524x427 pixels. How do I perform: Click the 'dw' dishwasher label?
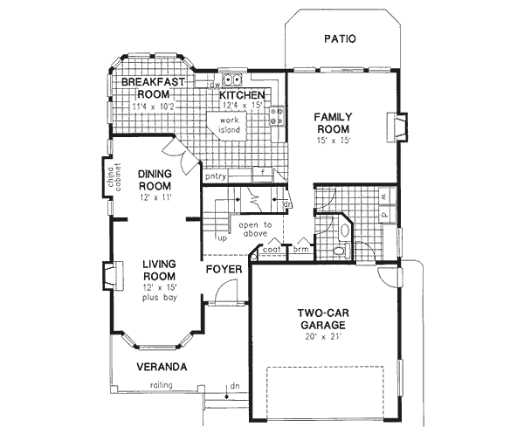click(214, 85)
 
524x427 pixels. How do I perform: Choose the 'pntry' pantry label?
click(216, 176)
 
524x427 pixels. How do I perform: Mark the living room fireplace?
click(107, 277)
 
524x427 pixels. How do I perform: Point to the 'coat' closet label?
click(271, 250)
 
